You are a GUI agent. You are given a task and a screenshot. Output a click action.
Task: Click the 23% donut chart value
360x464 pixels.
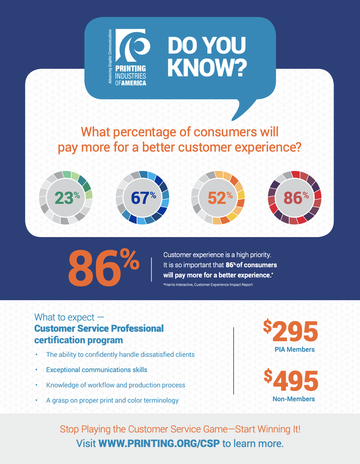[x=67, y=198]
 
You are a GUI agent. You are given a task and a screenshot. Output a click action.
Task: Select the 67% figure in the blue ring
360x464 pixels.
[x=143, y=198]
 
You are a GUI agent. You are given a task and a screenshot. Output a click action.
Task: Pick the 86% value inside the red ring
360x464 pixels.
[x=296, y=198]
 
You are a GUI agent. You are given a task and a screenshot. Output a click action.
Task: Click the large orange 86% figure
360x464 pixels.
[x=104, y=268]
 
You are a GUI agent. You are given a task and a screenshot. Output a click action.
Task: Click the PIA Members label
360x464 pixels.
[x=295, y=350]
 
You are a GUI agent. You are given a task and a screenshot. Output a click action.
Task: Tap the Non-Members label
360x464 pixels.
[x=294, y=399]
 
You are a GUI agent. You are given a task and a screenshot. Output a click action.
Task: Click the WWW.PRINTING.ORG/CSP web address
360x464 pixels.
[x=159, y=444]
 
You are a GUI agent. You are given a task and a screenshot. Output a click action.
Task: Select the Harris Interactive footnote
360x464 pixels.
[x=208, y=285]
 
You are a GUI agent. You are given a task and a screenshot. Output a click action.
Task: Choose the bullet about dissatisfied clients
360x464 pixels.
[x=120, y=355]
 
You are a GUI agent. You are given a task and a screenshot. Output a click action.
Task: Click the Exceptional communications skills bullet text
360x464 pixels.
[x=97, y=370]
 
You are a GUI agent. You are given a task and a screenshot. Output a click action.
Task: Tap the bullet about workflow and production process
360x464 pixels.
[x=116, y=385]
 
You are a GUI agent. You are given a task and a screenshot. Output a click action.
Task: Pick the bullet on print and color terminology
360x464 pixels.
[x=112, y=401]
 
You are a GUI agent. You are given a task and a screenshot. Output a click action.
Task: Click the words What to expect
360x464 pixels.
[x=64, y=317]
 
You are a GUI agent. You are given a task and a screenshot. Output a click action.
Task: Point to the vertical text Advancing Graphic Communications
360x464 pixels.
[x=110, y=57]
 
